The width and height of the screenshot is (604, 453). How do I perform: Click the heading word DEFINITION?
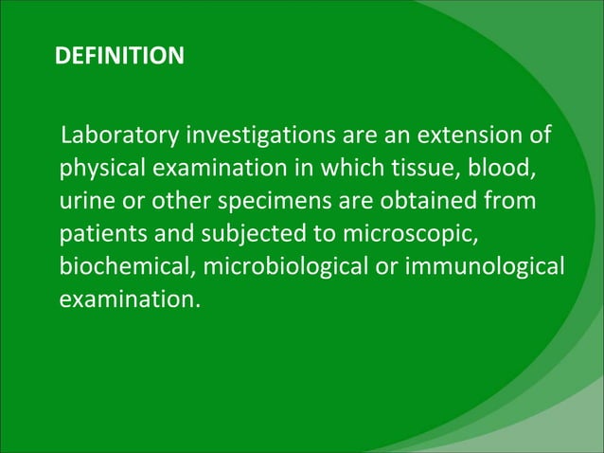click(119, 58)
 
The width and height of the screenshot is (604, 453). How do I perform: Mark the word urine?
click(86, 202)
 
